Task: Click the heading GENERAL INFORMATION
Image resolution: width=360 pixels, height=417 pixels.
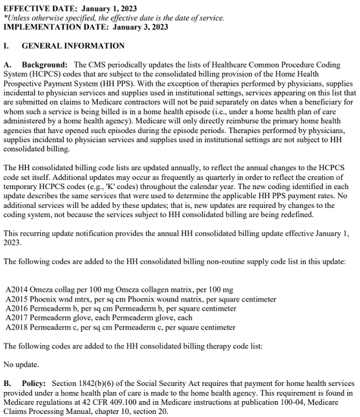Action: coord(73,46)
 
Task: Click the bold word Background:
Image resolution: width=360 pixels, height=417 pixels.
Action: coord(44,64)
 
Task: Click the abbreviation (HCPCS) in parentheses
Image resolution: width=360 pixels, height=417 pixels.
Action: coord(50,74)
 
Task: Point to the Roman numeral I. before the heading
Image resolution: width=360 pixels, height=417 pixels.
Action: coord(6,46)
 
